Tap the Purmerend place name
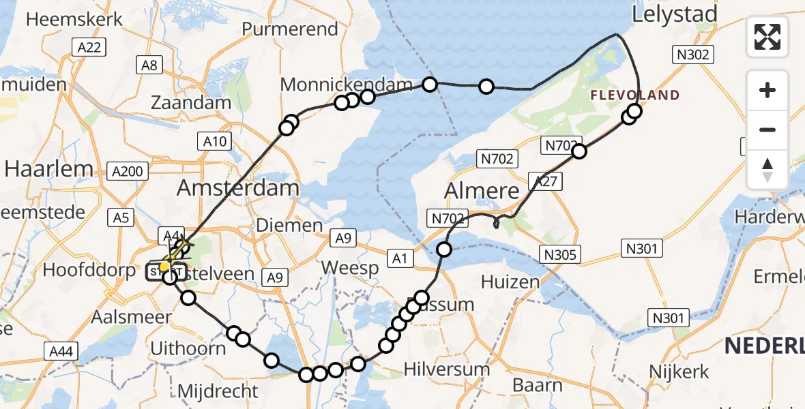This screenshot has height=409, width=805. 290,29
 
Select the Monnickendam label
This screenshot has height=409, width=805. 347,85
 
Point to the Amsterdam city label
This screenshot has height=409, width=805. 238,188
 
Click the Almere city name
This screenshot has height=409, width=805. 482,191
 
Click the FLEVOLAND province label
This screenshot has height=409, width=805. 635,95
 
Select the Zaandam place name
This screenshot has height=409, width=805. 191,103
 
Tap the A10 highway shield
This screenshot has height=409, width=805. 214,142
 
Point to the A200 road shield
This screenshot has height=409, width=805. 128,170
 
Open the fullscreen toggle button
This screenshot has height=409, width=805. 767,37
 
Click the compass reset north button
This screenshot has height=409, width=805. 767,169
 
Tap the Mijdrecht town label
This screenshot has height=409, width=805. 218,391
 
